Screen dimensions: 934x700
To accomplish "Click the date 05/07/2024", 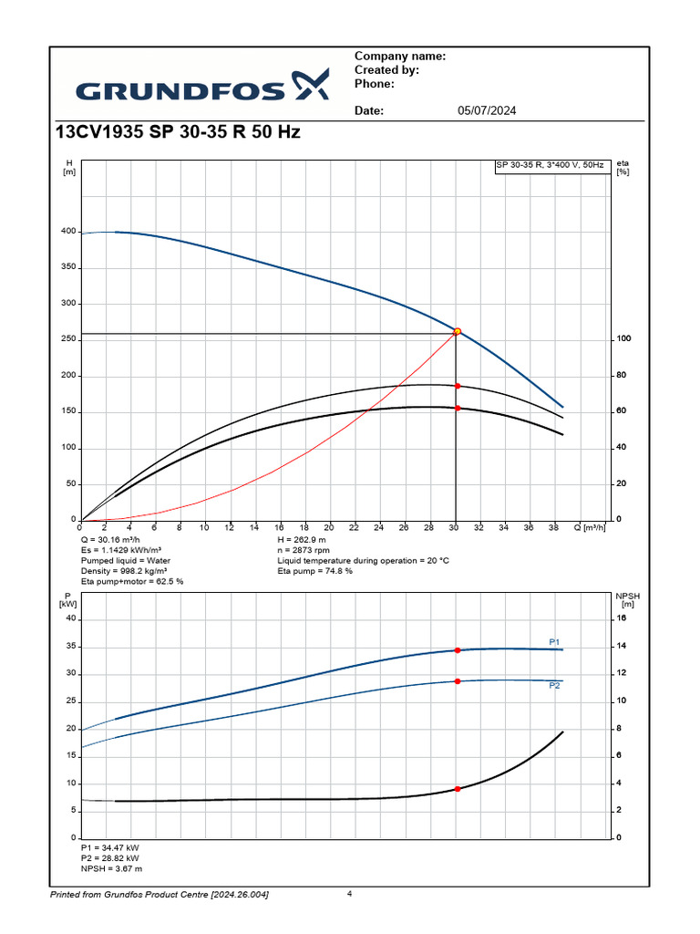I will [x=486, y=111].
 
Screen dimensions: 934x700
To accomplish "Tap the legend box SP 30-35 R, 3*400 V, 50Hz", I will [x=550, y=165].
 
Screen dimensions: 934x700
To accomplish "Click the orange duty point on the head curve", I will [x=458, y=332].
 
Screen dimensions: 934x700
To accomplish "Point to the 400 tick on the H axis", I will [x=67, y=232].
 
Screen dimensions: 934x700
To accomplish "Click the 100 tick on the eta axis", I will [x=623, y=339].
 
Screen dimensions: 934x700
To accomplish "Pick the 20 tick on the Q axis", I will [x=328, y=528].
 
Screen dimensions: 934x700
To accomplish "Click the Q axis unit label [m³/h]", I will [x=593, y=528].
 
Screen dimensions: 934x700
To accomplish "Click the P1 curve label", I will [x=554, y=642].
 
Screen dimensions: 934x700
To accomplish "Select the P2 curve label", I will [x=554, y=685].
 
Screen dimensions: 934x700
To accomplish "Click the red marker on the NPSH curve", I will [x=458, y=789].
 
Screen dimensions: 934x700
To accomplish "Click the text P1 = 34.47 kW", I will [x=110, y=848].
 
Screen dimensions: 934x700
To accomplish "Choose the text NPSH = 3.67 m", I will [x=112, y=869].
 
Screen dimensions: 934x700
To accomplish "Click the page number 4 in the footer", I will [x=349, y=894].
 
